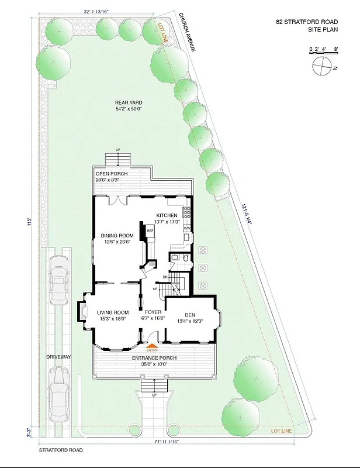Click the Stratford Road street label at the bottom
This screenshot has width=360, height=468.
pos(61,450)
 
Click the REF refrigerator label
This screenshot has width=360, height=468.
pos(150,230)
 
